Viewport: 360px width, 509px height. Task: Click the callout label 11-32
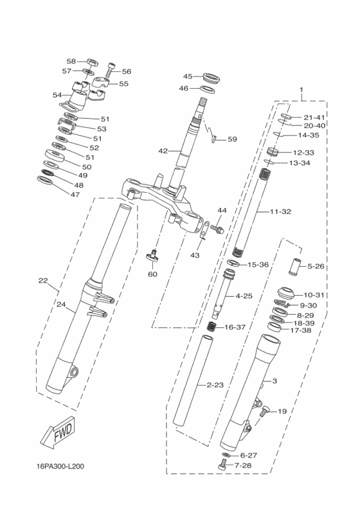click(x=281, y=211)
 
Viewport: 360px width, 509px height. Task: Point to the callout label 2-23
click(x=215, y=385)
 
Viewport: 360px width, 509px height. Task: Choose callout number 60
click(x=152, y=274)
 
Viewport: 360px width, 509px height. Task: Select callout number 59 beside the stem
click(x=232, y=139)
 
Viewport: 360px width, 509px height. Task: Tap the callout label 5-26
click(x=316, y=266)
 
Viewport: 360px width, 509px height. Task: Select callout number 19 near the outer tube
click(x=282, y=411)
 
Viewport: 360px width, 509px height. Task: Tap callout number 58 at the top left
click(x=71, y=61)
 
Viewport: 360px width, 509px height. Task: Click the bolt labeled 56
click(x=112, y=66)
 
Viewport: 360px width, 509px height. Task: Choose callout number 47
click(x=75, y=194)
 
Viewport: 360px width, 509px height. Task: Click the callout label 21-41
click(x=315, y=117)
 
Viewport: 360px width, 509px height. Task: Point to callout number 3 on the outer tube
click(x=274, y=381)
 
